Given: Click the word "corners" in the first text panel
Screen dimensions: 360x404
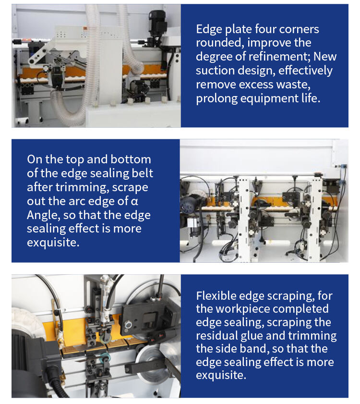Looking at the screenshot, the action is (299, 29).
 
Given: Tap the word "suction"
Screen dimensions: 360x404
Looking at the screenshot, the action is (215, 71).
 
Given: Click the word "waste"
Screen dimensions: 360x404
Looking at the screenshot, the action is (293, 85).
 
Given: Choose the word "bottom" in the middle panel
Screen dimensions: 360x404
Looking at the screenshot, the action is (131, 159).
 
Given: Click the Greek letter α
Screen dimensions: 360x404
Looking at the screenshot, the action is (134, 201).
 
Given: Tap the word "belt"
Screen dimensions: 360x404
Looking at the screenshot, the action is (143, 173).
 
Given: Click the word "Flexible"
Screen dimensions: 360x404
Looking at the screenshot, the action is (216, 296).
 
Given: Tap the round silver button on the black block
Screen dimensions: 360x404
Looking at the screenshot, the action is (128, 325).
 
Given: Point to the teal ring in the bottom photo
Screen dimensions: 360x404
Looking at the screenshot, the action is (106, 357).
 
